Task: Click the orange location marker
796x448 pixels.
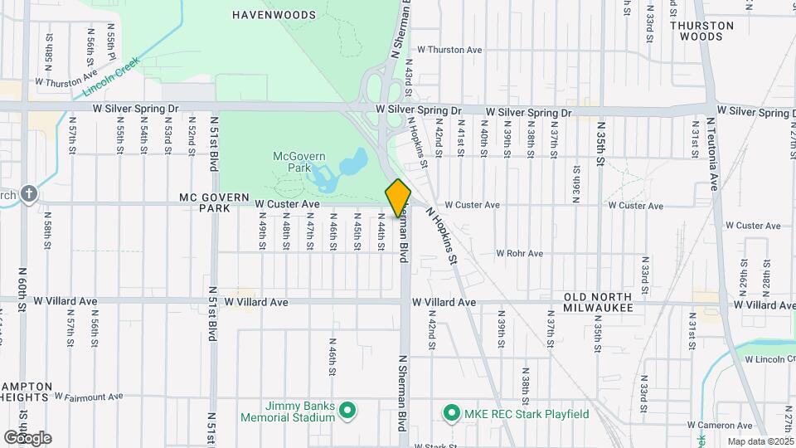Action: (x=398, y=198)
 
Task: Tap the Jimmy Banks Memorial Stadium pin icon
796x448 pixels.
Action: (x=348, y=411)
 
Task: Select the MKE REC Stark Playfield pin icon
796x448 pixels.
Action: (x=452, y=412)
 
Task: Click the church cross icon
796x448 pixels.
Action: (x=30, y=194)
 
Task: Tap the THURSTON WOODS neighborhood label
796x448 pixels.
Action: (x=701, y=31)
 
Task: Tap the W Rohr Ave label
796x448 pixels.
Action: (x=519, y=253)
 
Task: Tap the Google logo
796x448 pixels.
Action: (x=27, y=437)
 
